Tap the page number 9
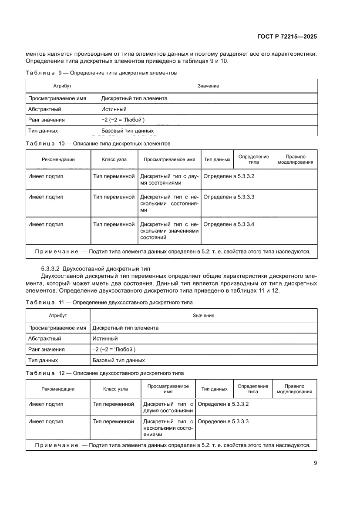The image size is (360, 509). (x=315, y=463)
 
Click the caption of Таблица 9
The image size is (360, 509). (x=101, y=73)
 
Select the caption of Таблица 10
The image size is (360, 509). (x=98, y=143)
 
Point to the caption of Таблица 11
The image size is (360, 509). (x=109, y=302)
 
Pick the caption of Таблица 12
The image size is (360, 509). (x=104, y=373)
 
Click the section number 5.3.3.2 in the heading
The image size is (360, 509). (x=52, y=268)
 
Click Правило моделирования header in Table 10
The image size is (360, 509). (x=295, y=159)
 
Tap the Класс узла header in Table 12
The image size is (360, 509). (x=115, y=389)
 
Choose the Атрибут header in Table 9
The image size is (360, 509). (x=62, y=86)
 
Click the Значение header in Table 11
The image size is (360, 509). (x=203, y=315)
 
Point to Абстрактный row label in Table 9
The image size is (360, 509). (x=44, y=109)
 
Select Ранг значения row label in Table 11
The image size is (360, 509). (x=46, y=349)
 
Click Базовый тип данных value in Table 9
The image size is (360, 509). (x=127, y=131)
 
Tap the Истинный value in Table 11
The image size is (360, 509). (x=105, y=338)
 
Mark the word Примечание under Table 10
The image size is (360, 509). (x=57, y=251)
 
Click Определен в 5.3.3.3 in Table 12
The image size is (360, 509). (x=223, y=421)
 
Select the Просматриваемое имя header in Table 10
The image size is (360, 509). (x=169, y=160)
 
